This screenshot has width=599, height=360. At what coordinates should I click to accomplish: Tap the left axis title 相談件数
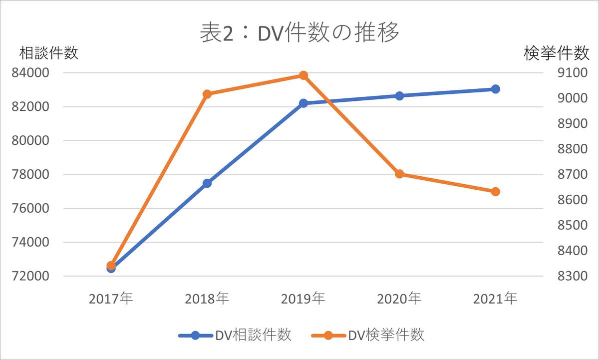(49, 53)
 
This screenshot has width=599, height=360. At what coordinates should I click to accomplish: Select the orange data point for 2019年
(303, 75)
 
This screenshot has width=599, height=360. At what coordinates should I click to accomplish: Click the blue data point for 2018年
(207, 183)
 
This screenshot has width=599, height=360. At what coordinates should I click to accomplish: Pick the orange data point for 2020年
(399, 174)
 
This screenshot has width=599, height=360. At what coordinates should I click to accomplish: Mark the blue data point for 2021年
(495, 89)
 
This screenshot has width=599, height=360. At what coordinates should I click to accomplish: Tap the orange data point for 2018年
(207, 94)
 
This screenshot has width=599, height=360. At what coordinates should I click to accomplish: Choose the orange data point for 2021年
(495, 192)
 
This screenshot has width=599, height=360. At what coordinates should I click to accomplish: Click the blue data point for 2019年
(303, 103)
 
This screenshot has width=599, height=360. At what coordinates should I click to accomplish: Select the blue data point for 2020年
(399, 96)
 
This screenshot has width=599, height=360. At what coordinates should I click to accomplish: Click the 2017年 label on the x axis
(111, 299)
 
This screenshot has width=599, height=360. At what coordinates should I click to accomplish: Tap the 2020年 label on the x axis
(399, 299)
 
